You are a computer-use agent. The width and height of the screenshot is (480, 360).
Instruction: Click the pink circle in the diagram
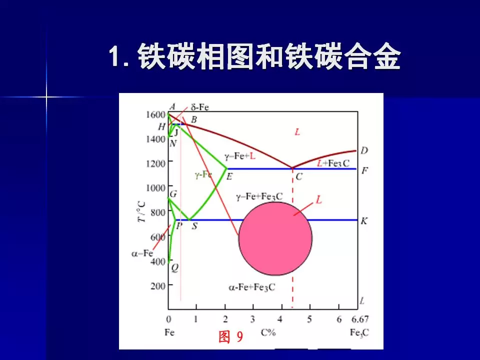tap(275, 238)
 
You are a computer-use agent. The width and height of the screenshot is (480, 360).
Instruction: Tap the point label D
tap(364, 150)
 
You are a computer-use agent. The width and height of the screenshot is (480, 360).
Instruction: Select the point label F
tap(365, 170)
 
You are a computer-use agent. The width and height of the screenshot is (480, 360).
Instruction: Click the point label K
tap(364, 220)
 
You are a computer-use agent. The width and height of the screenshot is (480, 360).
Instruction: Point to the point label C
tap(298, 176)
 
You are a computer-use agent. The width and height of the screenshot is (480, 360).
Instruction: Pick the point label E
tap(229, 176)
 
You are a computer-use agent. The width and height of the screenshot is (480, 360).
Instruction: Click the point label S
tap(194, 226)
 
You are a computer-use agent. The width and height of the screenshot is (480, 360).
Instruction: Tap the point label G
tap(173, 194)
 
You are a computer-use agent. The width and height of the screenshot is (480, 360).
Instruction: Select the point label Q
tap(174, 268)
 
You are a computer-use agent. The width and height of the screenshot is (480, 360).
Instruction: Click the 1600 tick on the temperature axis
tap(155, 114)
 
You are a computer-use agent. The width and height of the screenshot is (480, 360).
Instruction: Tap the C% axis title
tap(268, 332)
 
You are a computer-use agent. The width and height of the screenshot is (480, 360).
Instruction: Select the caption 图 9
tap(230, 337)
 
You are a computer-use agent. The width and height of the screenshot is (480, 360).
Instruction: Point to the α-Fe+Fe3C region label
tap(252, 287)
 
